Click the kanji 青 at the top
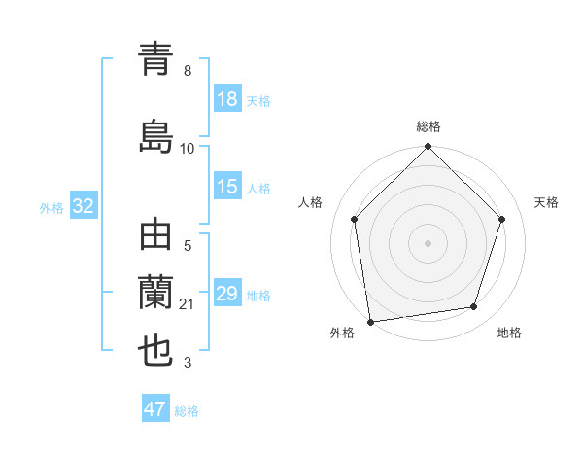tap(156, 62)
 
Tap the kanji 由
tap(156, 237)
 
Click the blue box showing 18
tap(227, 100)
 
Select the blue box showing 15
tap(227, 187)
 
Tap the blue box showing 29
tap(227, 294)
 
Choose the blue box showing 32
tap(83, 207)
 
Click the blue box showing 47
tap(155, 409)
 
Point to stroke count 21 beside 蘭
tap(188, 305)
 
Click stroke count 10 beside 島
tap(188, 148)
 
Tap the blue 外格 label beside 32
tap(51, 208)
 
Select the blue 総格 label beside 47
tap(187, 411)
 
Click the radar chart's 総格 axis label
tap(429, 126)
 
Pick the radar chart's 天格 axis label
tap(547, 202)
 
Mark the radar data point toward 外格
tap(370, 321)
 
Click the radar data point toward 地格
tap(474, 307)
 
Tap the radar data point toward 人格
tap(354, 219)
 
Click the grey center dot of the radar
tap(428, 243)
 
